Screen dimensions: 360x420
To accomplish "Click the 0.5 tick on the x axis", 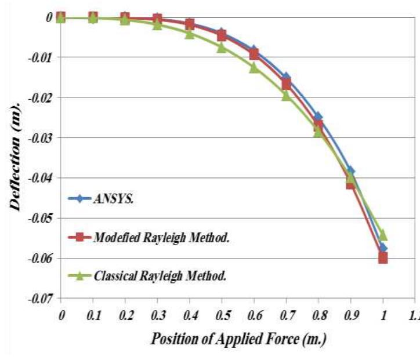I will [222, 314].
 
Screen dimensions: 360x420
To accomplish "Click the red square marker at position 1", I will [383, 258].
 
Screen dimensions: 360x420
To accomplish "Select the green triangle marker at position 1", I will [383, 235].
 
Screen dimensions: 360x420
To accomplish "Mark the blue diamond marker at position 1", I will [383, 248].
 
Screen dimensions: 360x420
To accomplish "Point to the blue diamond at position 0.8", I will [318, 117].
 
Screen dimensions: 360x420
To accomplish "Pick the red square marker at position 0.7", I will [286, 85].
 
